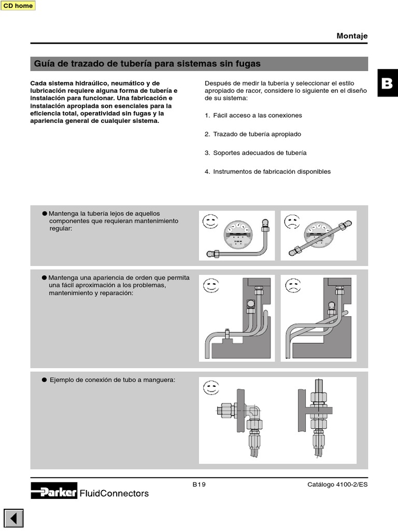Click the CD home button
click(x=18, y=6)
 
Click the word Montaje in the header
click(x=352, y=36)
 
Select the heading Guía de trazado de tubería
click(x=147, y=64)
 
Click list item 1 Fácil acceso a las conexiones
click(x=253, y=115)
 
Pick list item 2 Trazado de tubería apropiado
click(x=252, y=134)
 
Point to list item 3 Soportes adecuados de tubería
click(x=255, y=152)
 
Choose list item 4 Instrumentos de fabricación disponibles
click(x=267, y=171)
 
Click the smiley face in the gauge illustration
click(x=210, y=222)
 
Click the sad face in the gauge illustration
click(x=292, y=222)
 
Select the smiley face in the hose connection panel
click(x=210, y=388)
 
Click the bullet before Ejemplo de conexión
click(x=45, y=380)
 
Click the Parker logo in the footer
click(x=54, y=491)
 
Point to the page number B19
click(x=199, y=484)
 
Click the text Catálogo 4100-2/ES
click(x=337, y=484)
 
